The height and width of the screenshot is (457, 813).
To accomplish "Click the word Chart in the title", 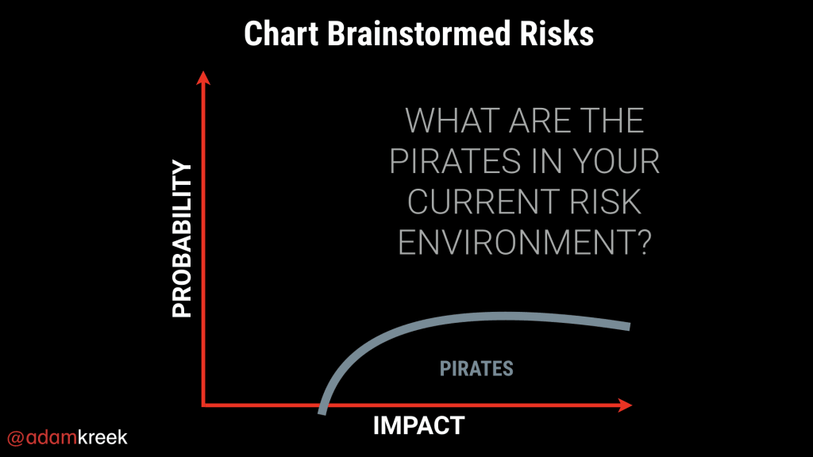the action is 281,34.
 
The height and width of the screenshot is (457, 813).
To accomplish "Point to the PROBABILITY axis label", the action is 182,238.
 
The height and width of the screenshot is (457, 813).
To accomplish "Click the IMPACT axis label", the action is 419,426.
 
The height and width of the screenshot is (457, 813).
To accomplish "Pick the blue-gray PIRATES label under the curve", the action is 476,369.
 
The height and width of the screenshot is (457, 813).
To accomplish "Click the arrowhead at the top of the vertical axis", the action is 203,78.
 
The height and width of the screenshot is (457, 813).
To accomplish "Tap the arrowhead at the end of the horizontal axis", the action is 625,405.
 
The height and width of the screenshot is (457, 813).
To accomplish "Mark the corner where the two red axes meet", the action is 203,405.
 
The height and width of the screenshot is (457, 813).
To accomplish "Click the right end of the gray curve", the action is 630,326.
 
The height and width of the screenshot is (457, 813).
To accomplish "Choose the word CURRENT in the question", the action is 484,202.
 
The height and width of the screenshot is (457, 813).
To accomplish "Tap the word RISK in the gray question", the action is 606,202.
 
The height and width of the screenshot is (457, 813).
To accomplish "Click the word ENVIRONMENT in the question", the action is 514,243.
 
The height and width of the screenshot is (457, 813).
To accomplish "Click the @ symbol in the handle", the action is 16,438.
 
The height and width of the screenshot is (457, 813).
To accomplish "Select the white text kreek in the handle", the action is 102,437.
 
